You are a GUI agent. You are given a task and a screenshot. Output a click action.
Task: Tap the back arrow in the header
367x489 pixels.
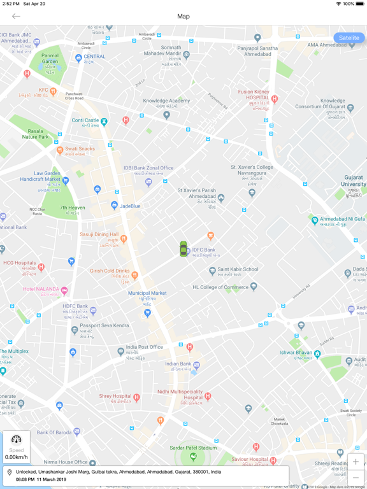[16, 17]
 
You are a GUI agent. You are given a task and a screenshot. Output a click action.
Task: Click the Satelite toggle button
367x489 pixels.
[349, 38]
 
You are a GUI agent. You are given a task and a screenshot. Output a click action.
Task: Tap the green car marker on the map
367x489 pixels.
[183, 249]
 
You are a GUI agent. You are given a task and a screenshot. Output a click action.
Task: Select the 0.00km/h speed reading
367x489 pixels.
[17, 457]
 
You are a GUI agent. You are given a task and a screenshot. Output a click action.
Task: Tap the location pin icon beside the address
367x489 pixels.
[9, 472]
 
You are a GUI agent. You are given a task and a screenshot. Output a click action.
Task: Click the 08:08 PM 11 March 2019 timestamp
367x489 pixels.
[41, 479]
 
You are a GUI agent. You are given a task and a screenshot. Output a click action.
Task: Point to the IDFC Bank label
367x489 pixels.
[204, 250]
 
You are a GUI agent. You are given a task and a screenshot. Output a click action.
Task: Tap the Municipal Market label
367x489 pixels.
[147, 294]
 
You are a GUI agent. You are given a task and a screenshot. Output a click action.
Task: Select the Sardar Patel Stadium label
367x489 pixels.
[193, 448]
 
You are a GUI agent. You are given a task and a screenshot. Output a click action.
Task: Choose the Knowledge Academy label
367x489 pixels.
[166, 101]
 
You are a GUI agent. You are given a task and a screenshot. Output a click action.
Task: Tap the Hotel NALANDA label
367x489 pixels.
[41, 289]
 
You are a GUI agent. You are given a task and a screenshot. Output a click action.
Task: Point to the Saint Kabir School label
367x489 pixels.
[238, 269]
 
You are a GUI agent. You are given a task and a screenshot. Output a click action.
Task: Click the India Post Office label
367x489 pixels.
[144, 348]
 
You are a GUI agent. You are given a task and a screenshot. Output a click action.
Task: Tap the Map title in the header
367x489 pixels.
[183, 17]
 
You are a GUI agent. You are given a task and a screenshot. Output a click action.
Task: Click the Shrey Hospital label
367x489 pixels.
[115, 396]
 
